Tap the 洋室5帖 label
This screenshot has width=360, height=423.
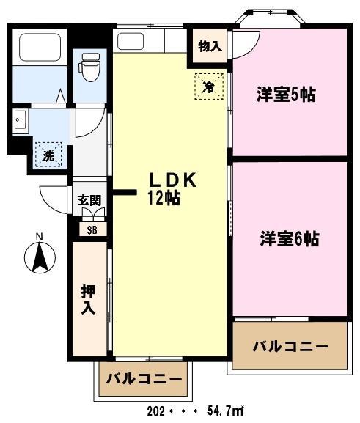286,95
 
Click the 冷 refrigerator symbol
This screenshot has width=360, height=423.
208,87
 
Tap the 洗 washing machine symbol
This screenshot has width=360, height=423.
48,155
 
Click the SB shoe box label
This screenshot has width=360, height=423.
92,229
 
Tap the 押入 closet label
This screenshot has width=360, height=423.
88,299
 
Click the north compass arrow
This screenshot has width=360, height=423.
40,257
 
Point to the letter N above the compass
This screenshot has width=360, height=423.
40,236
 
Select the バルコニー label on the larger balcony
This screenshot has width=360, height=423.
290,346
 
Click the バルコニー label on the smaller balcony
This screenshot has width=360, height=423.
144,379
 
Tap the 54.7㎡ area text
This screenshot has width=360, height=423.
224,411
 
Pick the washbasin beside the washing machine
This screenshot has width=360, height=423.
20,119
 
